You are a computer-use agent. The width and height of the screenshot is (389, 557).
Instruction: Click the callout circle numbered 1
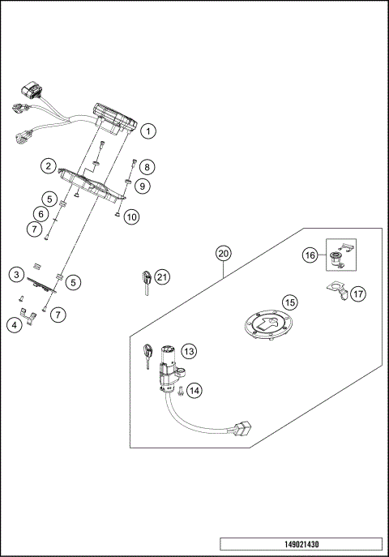[x=148, y=130]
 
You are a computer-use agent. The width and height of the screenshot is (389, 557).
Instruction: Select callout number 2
[x=49, y=165]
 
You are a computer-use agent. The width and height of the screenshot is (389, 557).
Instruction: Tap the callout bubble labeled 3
[x=15, y=275]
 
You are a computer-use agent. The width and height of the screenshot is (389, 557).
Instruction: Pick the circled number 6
[x=38, y=214]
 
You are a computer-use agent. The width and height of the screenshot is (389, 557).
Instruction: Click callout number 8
[x=146, y=167]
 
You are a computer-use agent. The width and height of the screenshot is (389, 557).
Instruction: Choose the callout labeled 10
[x=131, y=216]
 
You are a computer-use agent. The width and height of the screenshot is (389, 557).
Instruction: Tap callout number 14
[x=194, y=390]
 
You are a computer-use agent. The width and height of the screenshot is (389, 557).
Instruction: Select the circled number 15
[x=289, y=302]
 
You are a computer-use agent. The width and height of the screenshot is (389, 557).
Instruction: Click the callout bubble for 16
[x=310, y=255]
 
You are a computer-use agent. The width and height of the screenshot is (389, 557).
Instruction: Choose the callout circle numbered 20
[x=224, y=253]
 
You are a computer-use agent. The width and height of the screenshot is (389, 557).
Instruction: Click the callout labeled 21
[x=163, y=277]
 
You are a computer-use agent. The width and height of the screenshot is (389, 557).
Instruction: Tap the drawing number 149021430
[x=300, y=543]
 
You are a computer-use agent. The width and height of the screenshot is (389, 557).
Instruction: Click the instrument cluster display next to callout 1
[x=113, y=118]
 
